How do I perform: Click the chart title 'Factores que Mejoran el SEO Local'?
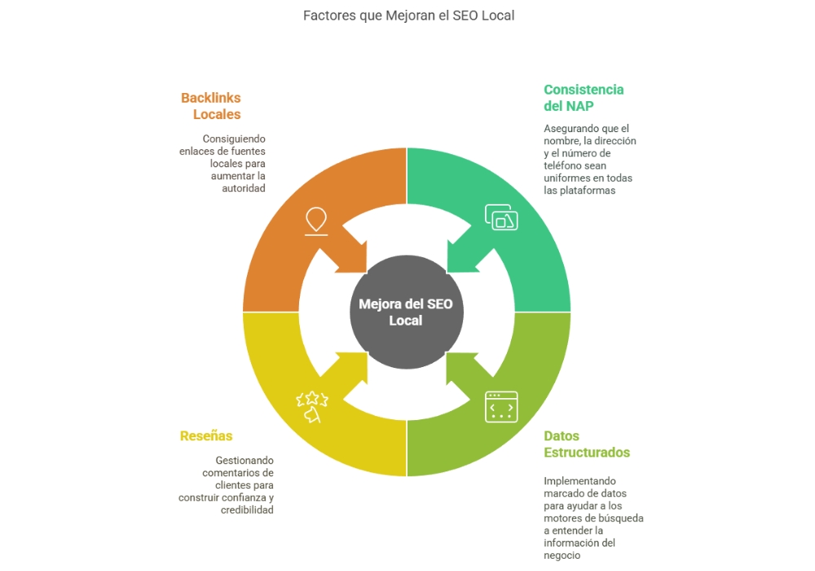coord(408,15)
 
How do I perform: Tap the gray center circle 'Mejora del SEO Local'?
coord(406,312)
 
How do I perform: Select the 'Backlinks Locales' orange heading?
coord(211,106)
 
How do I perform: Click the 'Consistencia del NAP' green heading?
coord(584,98)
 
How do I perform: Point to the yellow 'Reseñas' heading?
coord(206,436)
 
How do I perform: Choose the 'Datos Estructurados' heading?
coord(587,444)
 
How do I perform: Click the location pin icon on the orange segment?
coord(315,221)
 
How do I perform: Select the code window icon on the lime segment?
coord(501,406)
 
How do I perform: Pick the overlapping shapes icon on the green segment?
coord(501,217)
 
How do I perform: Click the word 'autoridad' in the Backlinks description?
coord(244,188)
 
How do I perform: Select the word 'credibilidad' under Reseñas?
coord(247,510)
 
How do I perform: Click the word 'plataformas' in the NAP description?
coord(580,190)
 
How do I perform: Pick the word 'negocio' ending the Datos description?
coord(562,556)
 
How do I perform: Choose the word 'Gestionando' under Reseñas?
coord(244,460)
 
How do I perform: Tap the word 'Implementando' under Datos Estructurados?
coord(580,481)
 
